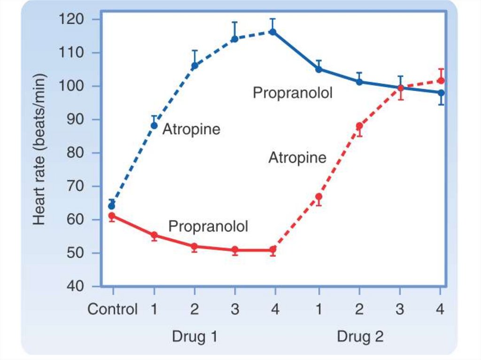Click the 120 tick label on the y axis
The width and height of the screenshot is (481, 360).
tap(71, 20)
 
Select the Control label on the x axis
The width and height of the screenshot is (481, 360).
tap(113, 310)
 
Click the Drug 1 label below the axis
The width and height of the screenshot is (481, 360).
tap(194, 337)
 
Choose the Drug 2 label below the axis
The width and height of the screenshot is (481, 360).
tap(360, 337)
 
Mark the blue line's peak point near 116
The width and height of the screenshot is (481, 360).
tap(273, 32)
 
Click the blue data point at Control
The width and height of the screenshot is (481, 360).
tap(112, 206)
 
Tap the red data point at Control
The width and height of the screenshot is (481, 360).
tap(112, 216)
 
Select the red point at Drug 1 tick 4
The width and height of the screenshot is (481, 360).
tap(273, 250)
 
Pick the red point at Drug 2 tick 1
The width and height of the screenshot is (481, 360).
tap(318, 197)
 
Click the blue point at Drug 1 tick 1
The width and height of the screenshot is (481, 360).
tap(154, 125)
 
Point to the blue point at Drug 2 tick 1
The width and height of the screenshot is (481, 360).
tap(318, 69)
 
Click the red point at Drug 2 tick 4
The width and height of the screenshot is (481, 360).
tap(441, 81)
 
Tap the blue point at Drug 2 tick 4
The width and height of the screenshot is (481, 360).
tap(441, 92)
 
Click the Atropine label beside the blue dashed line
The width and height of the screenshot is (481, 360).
tap(191, 130)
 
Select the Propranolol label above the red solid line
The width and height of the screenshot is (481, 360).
tap(208, 227)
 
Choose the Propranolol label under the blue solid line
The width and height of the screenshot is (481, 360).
tap(293, 93)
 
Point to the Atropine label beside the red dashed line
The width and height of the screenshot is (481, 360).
tap(297, 158)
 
